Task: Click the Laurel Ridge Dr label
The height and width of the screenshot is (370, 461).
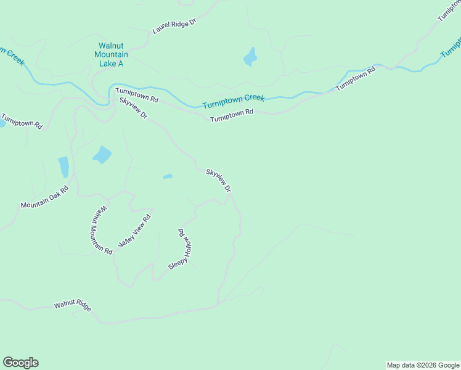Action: (x=174, y=26)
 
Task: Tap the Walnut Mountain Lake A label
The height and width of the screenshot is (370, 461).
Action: (x=112, y=54)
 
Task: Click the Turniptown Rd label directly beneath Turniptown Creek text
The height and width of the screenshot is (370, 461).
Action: (x=232, y=115)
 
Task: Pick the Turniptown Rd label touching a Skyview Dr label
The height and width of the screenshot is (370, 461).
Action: (x=137, y=95)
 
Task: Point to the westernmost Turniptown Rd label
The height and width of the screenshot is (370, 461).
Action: (x=22, y=120)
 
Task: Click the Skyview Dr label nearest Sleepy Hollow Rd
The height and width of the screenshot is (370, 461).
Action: (x=218, y=180)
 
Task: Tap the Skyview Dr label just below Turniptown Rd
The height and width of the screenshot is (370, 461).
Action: (x=134, y=108)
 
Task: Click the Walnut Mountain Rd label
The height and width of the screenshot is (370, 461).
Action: (x=101, y=230)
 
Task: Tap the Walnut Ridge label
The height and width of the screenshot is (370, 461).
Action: (x=72, y=305)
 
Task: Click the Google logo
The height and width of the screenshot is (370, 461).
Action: (x=20, y=363)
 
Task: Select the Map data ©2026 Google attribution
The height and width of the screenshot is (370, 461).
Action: (x=423, y=365)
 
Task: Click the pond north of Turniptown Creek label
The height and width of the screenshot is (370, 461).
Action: (x=250, y=57)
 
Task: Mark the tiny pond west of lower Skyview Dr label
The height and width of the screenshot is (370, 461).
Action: (x=168, y=176)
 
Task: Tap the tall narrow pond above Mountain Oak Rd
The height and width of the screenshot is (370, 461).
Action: (x=63, y=167)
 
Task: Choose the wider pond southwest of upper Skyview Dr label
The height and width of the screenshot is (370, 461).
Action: (x=102, y=155)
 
